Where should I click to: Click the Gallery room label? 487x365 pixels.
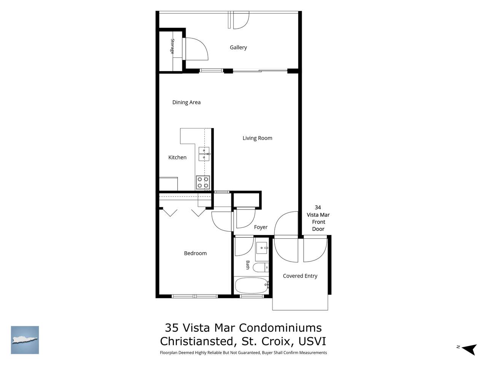238,48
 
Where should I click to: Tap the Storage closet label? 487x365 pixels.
172,46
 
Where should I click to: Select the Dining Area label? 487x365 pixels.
186,102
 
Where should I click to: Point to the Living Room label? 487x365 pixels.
257,138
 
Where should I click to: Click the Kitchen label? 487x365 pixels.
177,157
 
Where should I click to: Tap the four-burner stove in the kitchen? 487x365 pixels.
203,182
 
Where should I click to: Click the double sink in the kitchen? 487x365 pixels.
204,154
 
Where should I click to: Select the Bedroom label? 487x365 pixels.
195,253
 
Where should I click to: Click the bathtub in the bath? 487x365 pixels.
252,285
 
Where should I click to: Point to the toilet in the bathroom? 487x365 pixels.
261,267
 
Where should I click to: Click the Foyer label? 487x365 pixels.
261,227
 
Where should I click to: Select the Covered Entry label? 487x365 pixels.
300,276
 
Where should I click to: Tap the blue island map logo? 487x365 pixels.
25,340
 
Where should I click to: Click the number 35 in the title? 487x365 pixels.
172,327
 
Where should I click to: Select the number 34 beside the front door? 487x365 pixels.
318,208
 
